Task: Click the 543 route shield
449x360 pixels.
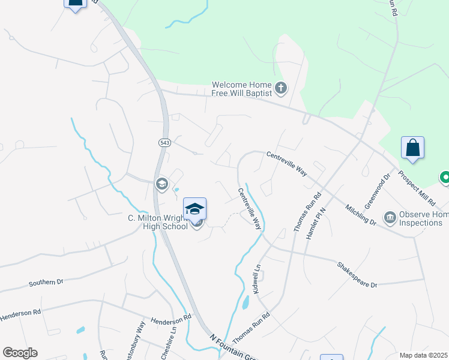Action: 164,142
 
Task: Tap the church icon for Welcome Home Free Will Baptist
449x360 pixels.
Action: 281,89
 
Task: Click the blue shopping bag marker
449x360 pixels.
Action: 412,148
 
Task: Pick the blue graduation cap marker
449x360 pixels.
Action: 194,209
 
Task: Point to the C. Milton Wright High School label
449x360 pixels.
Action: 158,222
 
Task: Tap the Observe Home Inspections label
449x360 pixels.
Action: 424,219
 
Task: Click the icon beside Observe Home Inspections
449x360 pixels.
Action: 390,217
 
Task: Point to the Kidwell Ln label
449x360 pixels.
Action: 257,280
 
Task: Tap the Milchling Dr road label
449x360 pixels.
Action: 361,214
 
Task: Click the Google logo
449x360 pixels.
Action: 20,353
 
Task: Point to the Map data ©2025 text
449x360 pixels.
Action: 423,355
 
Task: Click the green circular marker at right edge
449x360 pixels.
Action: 445,177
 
